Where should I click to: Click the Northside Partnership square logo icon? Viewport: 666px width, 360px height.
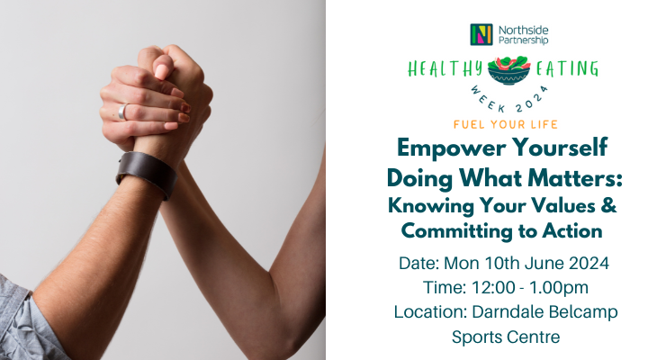pos(481,34)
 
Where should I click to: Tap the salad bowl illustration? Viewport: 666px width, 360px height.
pos(508,70)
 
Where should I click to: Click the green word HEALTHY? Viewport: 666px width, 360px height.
pos(445,69)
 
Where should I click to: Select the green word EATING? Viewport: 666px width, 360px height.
pos(567,68)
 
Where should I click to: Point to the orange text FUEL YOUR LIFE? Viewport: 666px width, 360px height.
pos(506,124)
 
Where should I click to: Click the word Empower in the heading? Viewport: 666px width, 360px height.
pos(452,149)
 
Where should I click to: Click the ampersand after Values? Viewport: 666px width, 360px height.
pos(609,205)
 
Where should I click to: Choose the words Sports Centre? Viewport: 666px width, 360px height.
pos(506,337)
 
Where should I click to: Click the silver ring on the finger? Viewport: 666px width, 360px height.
pos(122,112)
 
